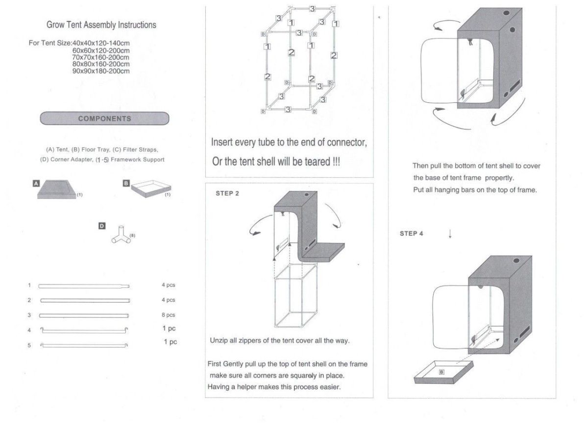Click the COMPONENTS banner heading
click(x=104, y=119)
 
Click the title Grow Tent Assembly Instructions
click(x=101, y=25)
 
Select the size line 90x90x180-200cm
click(x=101, y=71)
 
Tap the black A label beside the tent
click(x=36, y=183)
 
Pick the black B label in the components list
click(x=126, y=183)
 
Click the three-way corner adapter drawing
click(x=121, y=235)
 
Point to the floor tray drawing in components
click(x=151, y=189)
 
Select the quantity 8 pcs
click(x=168, y=315)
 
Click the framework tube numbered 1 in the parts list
click(x=84, y=286)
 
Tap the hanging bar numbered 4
click(x=84, y=330)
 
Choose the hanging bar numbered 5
click(x=84, y=345)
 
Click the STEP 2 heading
click(x=227, y=193)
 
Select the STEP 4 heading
click(x=411, y=234)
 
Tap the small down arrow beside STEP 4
click(x=450, y=234)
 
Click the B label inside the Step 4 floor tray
click(x=441, y=372)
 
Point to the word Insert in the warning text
click(x=222, y=142)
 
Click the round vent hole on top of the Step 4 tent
click(x=516, y=261)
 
